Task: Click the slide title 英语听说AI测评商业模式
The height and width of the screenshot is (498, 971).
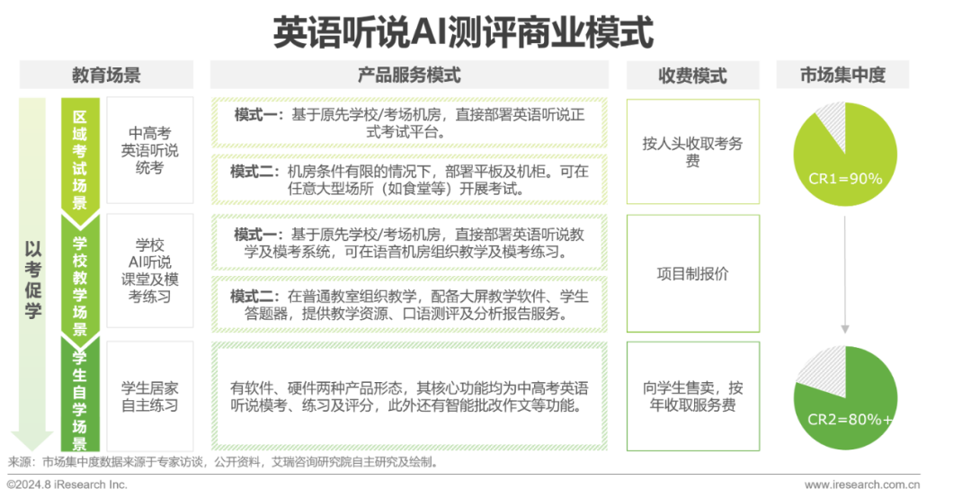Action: click(x=463, y=31)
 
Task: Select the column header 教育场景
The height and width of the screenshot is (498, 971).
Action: click(x=106, y=75)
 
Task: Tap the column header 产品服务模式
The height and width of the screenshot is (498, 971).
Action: click(x=409, y=75)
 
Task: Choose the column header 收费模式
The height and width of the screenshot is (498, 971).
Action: click(x=692, y=76)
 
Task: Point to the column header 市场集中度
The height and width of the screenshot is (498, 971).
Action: click(x=842, y=76)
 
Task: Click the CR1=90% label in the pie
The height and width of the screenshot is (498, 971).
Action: click(x=845, y=178)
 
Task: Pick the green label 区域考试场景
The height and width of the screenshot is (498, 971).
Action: click(x=80, y=155)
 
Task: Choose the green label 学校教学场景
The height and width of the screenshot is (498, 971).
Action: click(x=80, y=274)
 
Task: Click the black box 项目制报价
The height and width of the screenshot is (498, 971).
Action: click(x=692, y=274)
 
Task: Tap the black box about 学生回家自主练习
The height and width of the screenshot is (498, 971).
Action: click(x=149, y=396)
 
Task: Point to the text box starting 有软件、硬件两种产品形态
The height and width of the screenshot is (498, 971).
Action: click(x=409, y=396)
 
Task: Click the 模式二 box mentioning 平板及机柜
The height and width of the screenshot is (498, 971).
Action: click(x=409, y=180)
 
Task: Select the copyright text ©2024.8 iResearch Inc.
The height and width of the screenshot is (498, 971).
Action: click(x=67, y=485)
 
